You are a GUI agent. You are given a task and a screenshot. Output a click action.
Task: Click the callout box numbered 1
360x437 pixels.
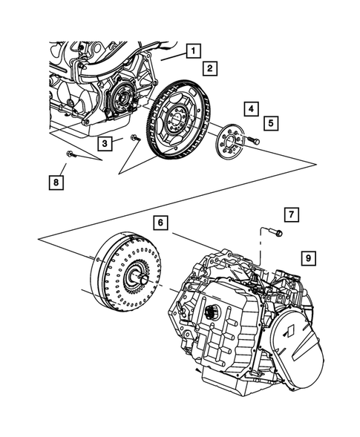click(x=192, y=51)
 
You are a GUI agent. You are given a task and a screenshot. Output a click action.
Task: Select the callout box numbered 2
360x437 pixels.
click(x=211, y=69)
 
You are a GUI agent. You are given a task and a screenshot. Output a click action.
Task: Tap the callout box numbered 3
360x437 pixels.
click(x=107, y=142)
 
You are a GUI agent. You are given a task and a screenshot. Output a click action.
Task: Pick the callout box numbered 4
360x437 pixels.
click(x=252, y=109)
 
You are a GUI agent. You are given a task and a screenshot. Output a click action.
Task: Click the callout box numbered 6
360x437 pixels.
click(x=161, y=221)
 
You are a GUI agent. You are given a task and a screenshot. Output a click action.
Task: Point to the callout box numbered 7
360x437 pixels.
click(x=292, y=216)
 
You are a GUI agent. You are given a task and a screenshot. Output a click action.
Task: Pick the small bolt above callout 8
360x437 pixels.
click(x=68, y=154)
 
